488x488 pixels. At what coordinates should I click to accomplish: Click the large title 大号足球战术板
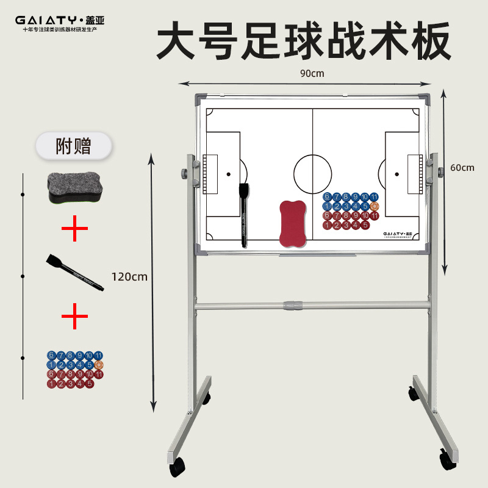coord(304,41)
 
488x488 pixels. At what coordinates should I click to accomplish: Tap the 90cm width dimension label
coord(311,73)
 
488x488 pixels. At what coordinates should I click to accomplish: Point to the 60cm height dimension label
coord(462,168)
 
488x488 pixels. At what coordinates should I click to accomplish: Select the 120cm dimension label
coord(129,276)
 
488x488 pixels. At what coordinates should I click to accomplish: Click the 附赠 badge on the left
coord(73,146)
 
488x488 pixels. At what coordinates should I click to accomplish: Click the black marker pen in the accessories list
coord(73,271)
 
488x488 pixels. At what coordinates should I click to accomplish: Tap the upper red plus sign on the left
coord(74,231)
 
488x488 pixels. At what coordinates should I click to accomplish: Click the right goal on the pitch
coord(415,174)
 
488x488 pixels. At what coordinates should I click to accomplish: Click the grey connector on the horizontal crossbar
coord(295,305)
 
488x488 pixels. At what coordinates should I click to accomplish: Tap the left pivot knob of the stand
coord(185,173)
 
